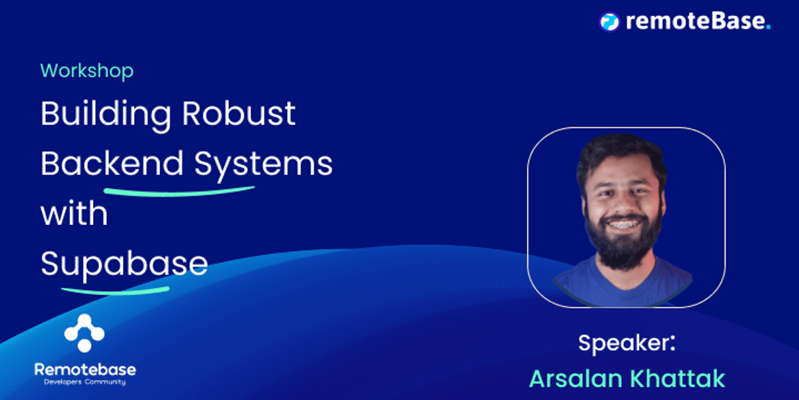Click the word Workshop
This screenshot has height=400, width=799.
tap(87, 71)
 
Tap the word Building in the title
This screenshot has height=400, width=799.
tap(106, 114)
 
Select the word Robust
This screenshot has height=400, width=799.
tap(239, 114)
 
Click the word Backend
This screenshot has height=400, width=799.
tap(112, 164)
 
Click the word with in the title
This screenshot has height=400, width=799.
tap(74, 214)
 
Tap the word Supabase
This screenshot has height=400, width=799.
tap(124, 264)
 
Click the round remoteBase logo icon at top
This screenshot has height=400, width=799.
tap(609, 22)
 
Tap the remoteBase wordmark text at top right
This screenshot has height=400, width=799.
tap(695, 21)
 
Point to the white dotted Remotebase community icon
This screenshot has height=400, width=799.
tap(84, 333)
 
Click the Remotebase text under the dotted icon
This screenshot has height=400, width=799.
tap(85, 370)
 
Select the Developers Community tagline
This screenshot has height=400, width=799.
tap(85, 382)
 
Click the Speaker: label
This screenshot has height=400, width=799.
tap(627, 343)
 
